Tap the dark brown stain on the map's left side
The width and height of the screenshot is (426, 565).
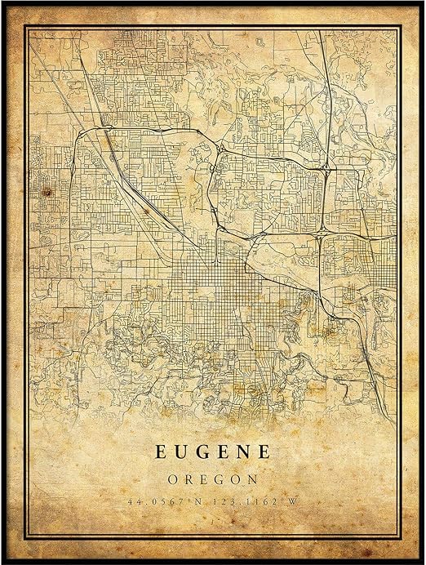tap(47, 192)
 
